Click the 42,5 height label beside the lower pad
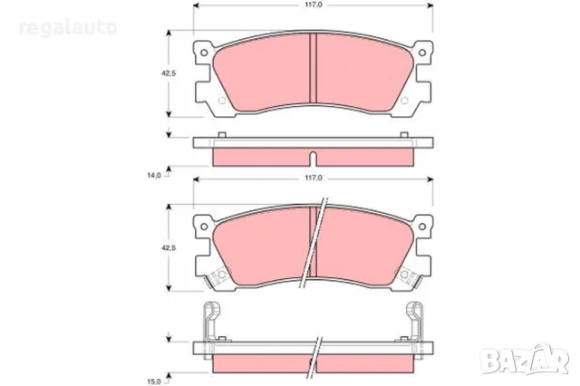pos(155,245)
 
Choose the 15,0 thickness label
pos(154,368)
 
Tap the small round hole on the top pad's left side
pos(217,100)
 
